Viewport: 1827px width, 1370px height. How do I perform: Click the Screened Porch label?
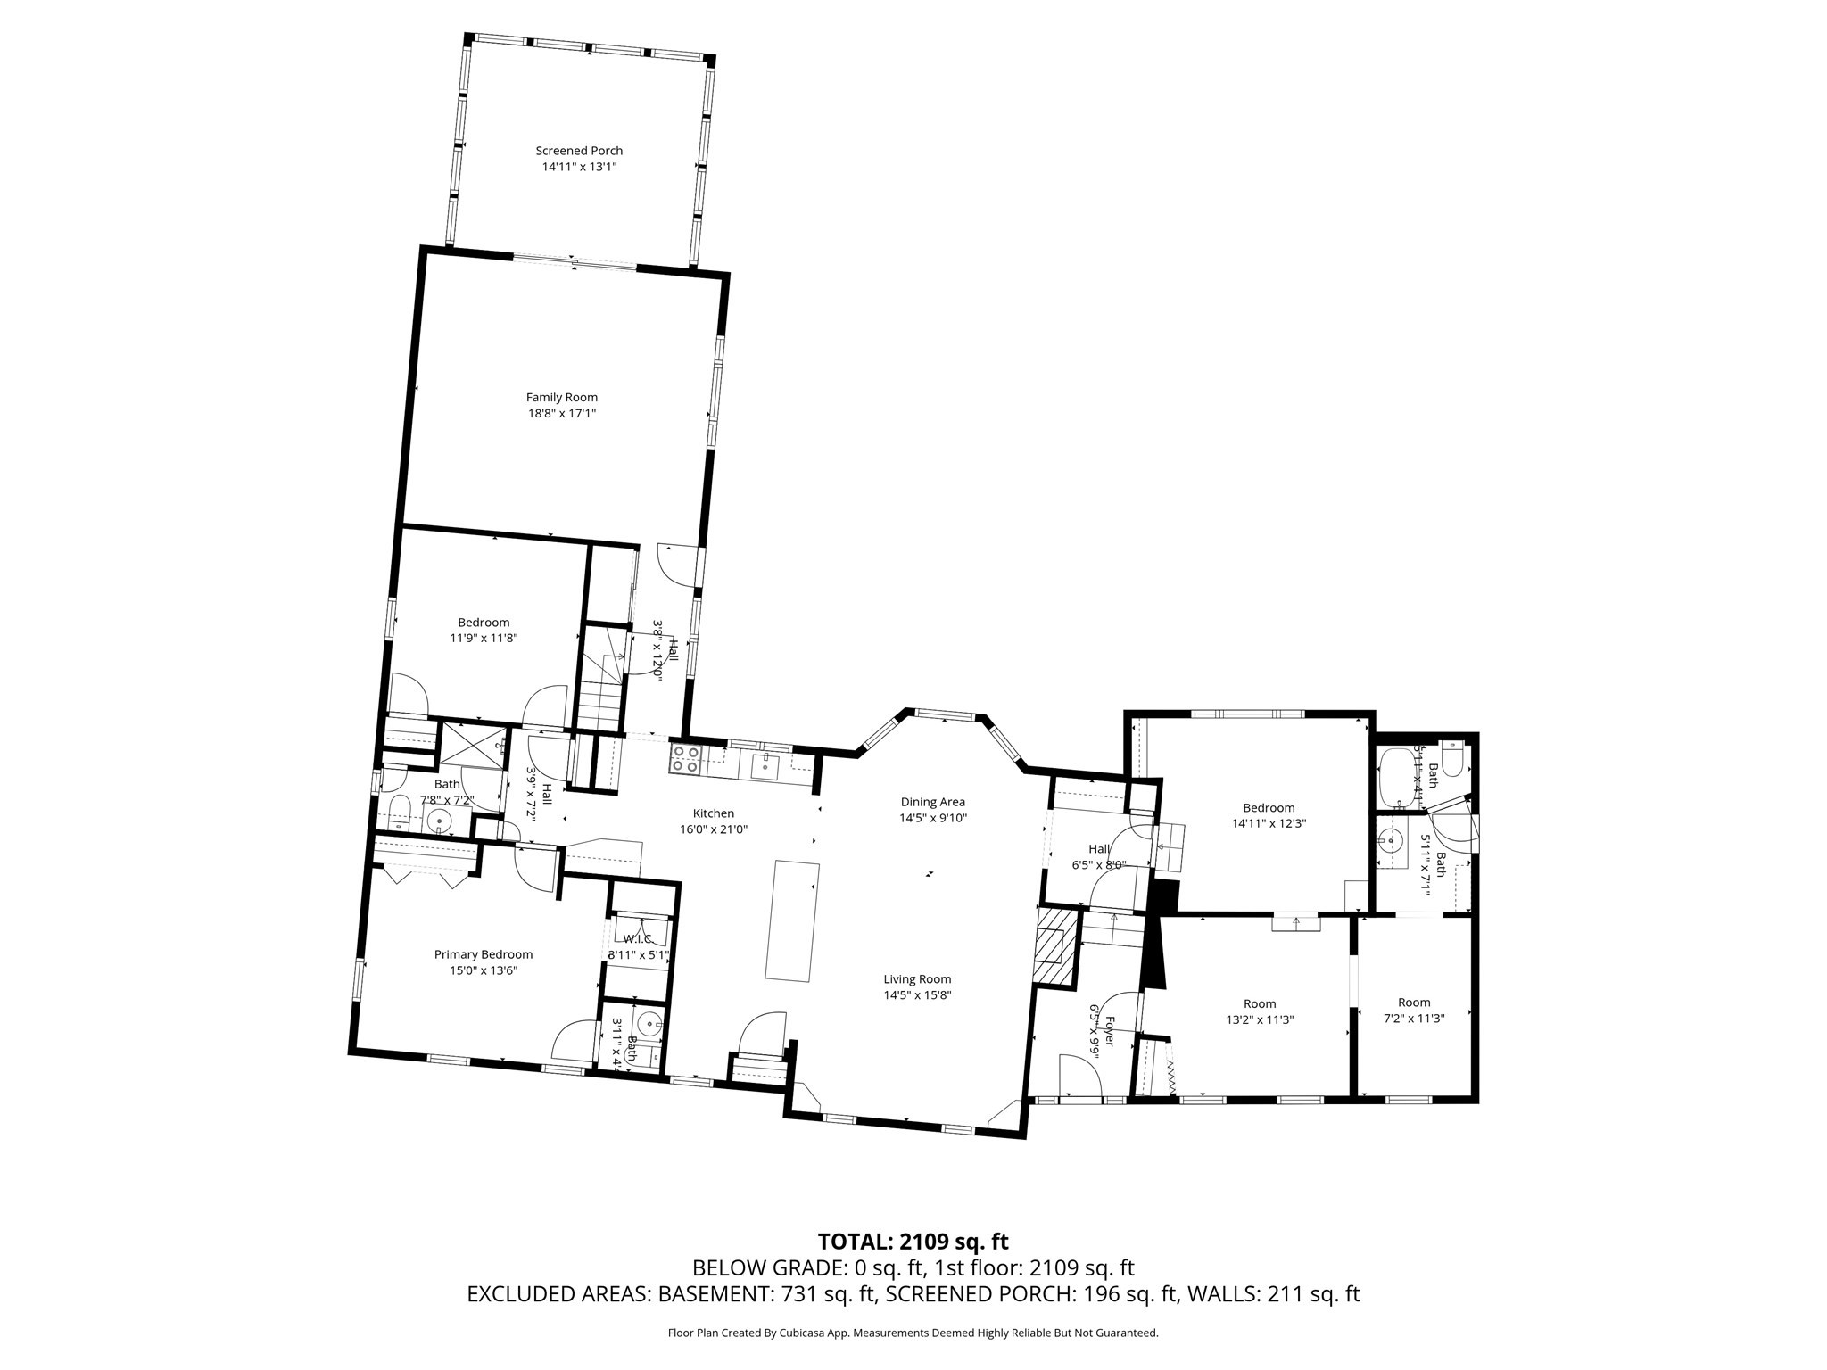coord(579,151)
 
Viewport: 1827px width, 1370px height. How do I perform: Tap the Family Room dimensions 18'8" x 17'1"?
coord(561,414)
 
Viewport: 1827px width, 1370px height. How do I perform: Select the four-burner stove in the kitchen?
coord(685,759)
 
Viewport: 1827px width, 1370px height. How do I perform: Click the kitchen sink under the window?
coord(765,763)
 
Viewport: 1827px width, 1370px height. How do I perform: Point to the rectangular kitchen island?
coord(792,920)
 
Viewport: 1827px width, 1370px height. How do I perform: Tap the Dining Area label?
coord(932,802)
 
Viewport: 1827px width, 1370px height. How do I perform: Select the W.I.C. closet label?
coord(637,939)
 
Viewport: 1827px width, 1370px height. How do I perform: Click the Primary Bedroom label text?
coord(483,954)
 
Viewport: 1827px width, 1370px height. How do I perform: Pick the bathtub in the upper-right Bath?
coord(1397,772)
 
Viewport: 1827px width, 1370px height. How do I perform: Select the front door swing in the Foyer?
coord(1079,1076)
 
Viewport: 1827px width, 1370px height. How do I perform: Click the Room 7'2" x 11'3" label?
coord(1413,1003)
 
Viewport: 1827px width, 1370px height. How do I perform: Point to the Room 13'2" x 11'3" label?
coord(1259,1003)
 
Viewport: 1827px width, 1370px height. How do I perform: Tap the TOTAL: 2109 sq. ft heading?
coord(913,1242)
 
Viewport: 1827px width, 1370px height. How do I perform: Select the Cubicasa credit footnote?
coord(913,1333)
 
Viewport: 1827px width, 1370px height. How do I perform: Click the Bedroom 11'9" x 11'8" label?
coord(484,623)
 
